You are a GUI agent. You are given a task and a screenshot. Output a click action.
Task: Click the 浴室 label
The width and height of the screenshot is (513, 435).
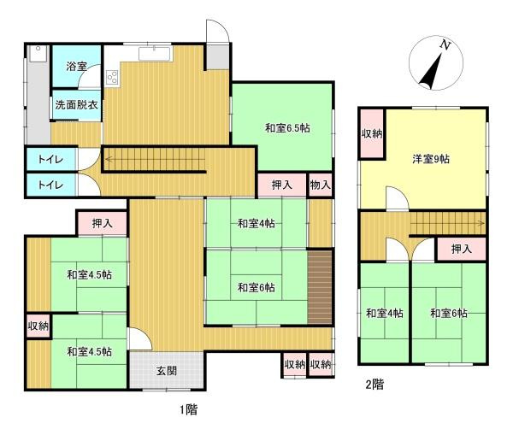[x=77, y=66]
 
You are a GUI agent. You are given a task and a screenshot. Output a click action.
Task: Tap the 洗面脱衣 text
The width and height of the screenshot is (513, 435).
[x=77, y=105]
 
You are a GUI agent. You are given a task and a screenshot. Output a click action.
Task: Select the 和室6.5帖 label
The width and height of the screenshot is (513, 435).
[x=286, y=128]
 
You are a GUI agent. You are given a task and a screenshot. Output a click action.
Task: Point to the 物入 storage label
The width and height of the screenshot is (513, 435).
[x=320, y=185]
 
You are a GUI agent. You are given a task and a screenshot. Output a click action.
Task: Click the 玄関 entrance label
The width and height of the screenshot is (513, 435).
[x=167, y=371]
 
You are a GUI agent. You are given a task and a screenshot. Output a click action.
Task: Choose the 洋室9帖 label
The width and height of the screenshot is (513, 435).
[x=431, y=159]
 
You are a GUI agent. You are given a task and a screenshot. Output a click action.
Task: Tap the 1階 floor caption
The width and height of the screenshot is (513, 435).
[x=190, y=409]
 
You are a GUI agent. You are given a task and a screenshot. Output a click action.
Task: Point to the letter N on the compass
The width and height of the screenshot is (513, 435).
[x=444, y=44]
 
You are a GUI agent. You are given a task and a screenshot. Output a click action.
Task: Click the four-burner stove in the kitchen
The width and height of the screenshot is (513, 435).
[x=113, y=76]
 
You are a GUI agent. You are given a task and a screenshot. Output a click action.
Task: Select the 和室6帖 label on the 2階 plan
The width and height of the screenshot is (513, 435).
[x=448, y=313]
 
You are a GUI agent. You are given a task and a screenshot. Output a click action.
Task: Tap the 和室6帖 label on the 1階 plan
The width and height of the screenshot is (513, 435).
[x=256, y=287]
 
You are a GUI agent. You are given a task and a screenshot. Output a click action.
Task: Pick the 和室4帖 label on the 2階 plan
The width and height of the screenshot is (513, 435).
[x=384, y=313]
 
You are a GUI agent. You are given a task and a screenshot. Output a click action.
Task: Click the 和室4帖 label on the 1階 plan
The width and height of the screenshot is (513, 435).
[x=256, y=224]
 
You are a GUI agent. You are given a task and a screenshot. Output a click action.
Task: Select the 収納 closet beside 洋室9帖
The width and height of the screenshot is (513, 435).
[x=371, y=134]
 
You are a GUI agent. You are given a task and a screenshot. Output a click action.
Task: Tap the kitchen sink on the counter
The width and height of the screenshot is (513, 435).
[x=155, y=55]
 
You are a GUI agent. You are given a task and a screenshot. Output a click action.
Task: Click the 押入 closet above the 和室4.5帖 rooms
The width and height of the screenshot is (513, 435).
[x=102, y=223]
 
